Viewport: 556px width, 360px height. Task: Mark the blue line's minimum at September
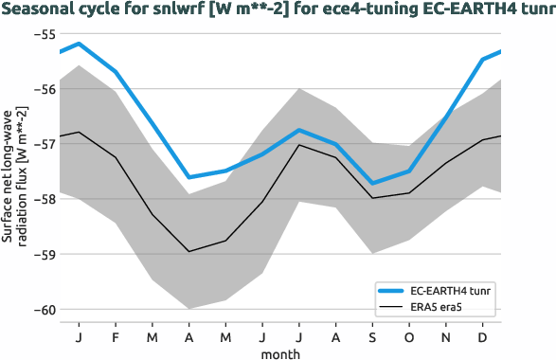click(372, 183)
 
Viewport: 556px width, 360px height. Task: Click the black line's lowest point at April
click(188, 251)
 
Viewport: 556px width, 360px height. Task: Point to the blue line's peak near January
click(79, 44)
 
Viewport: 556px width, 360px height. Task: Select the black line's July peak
click(299, 145)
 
